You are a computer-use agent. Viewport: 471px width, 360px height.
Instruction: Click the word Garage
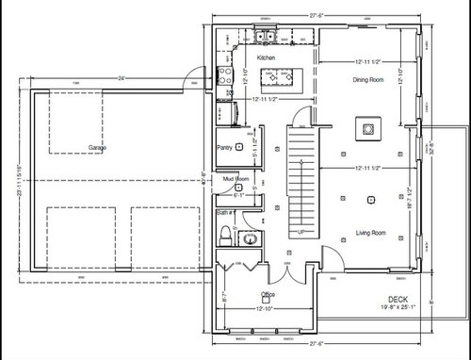(97, 148)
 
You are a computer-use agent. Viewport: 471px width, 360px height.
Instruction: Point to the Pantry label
(224, 148)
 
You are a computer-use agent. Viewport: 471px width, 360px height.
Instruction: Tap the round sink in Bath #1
(250, 240)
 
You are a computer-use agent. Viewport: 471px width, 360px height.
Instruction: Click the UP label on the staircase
(300, 232)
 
